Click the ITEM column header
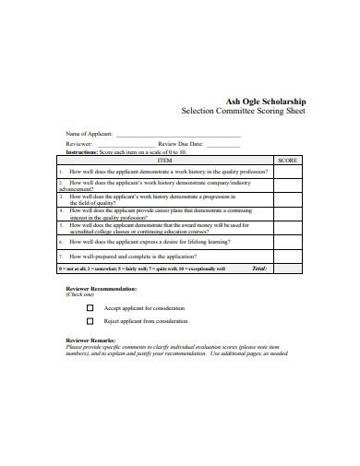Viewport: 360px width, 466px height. tap(165, 159)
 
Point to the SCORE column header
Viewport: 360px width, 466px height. tap(287, 159)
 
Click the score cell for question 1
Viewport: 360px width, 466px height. tap(287, 171)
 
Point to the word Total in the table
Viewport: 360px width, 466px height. tap(259, 269)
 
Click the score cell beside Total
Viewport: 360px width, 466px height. tap(287, 269)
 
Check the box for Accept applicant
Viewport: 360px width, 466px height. tap(90, 307)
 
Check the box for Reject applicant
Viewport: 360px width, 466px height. tap(90, 321)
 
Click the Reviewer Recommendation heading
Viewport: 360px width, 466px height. tap(101, 288)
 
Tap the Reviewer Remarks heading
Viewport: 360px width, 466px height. tap(90, 341)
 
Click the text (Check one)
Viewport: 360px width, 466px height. tap(79, 294)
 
